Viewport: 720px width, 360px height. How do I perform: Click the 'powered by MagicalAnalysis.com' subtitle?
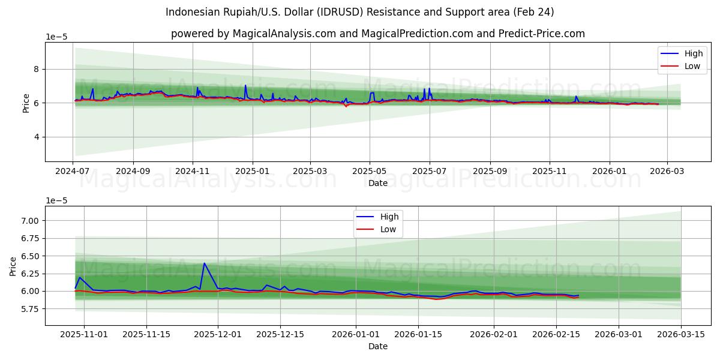point(377,34)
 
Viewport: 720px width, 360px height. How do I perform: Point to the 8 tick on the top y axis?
point(36,69)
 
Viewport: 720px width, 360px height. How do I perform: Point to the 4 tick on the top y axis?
point(36,137)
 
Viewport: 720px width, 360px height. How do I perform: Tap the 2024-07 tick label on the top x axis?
point(73,171)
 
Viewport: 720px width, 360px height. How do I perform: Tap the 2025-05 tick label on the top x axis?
point(370,171)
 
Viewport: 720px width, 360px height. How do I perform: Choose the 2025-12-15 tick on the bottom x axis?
point(280,334)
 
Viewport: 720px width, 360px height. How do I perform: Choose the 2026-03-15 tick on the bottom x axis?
point(681,334)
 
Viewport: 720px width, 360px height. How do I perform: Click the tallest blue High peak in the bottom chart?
point(204,263)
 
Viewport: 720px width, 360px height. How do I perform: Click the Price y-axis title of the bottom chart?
point(13,266)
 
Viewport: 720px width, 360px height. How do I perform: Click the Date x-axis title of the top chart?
point(377,182)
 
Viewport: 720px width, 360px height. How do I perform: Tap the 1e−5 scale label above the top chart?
point(56,37)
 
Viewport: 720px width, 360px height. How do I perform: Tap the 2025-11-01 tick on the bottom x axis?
point(84,334)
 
